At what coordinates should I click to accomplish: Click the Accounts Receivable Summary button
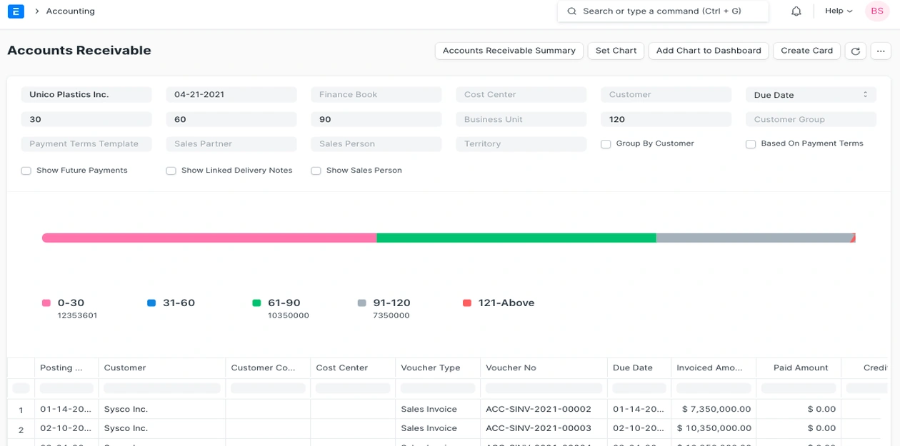pos(509,51)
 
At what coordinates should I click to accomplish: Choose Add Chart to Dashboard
pos(708,51)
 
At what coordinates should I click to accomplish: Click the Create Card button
pos(806,51)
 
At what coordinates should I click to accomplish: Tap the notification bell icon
pos(796,11)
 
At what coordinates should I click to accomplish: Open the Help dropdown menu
pos(839,11)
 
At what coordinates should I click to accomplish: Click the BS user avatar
pos(876,11)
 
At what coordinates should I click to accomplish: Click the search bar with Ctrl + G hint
pos(662,11)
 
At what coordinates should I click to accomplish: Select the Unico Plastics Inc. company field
pos(86,95)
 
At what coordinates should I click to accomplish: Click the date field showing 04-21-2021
pos(231,95)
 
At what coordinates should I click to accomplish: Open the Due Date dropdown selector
pos(810,95)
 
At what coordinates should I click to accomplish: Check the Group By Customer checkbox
pos(606,144)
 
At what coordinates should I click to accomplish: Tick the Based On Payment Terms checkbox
pos(751,144)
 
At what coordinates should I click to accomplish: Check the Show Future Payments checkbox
pos(26,171)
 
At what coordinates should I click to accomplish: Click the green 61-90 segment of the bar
pos(516,238)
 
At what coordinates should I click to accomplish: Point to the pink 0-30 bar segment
pos(209,238)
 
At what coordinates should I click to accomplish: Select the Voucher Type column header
pos(430,368)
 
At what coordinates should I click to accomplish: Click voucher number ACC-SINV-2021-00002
pos(538,410)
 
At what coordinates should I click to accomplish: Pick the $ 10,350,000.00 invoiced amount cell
pos(714,429)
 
